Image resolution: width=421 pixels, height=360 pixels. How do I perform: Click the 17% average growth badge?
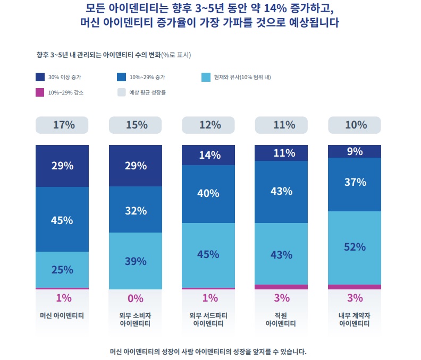click(x=62, y=125)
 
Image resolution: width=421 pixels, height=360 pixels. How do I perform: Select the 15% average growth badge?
click(x=136, y=125)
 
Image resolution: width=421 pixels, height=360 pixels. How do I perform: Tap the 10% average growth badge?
click(x=355, y=125)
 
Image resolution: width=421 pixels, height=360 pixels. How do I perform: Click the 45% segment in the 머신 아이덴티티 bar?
click(x=62, y=220)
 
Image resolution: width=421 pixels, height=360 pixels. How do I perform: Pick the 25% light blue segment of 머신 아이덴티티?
click(x=62, y=269)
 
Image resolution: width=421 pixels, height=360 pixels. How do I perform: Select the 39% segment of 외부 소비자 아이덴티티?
click(x=136, y=261)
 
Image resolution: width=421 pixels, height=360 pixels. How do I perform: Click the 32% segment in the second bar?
click(x=136, y=210)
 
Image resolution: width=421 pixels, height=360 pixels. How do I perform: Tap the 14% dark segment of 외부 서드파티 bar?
click(x=209, y=155)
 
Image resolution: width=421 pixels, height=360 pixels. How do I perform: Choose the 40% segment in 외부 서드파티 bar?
click(x=209, y=194)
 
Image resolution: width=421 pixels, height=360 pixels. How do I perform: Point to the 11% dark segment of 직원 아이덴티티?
click(x=282, y=153)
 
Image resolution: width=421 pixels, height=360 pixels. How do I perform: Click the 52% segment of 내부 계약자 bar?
click(x=355, y=247)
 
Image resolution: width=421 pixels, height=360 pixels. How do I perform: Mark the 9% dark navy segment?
click(x=355, y=151)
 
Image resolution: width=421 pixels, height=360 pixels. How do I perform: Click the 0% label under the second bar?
click(x=136, y=298)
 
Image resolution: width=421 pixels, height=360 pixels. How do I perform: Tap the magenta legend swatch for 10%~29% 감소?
click(x=40, y=92)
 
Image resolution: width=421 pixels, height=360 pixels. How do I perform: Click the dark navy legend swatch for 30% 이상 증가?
click(x=40, y=77)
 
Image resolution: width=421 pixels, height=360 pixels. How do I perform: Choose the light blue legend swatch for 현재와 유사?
click(x=206, y=77)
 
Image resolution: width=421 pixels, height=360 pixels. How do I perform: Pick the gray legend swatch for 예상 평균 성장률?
click(x=121, y=92)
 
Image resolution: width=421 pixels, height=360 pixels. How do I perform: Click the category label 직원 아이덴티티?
click(x=282, y=319)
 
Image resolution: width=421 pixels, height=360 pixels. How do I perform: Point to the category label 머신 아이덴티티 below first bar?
click(x=62, y=315)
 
